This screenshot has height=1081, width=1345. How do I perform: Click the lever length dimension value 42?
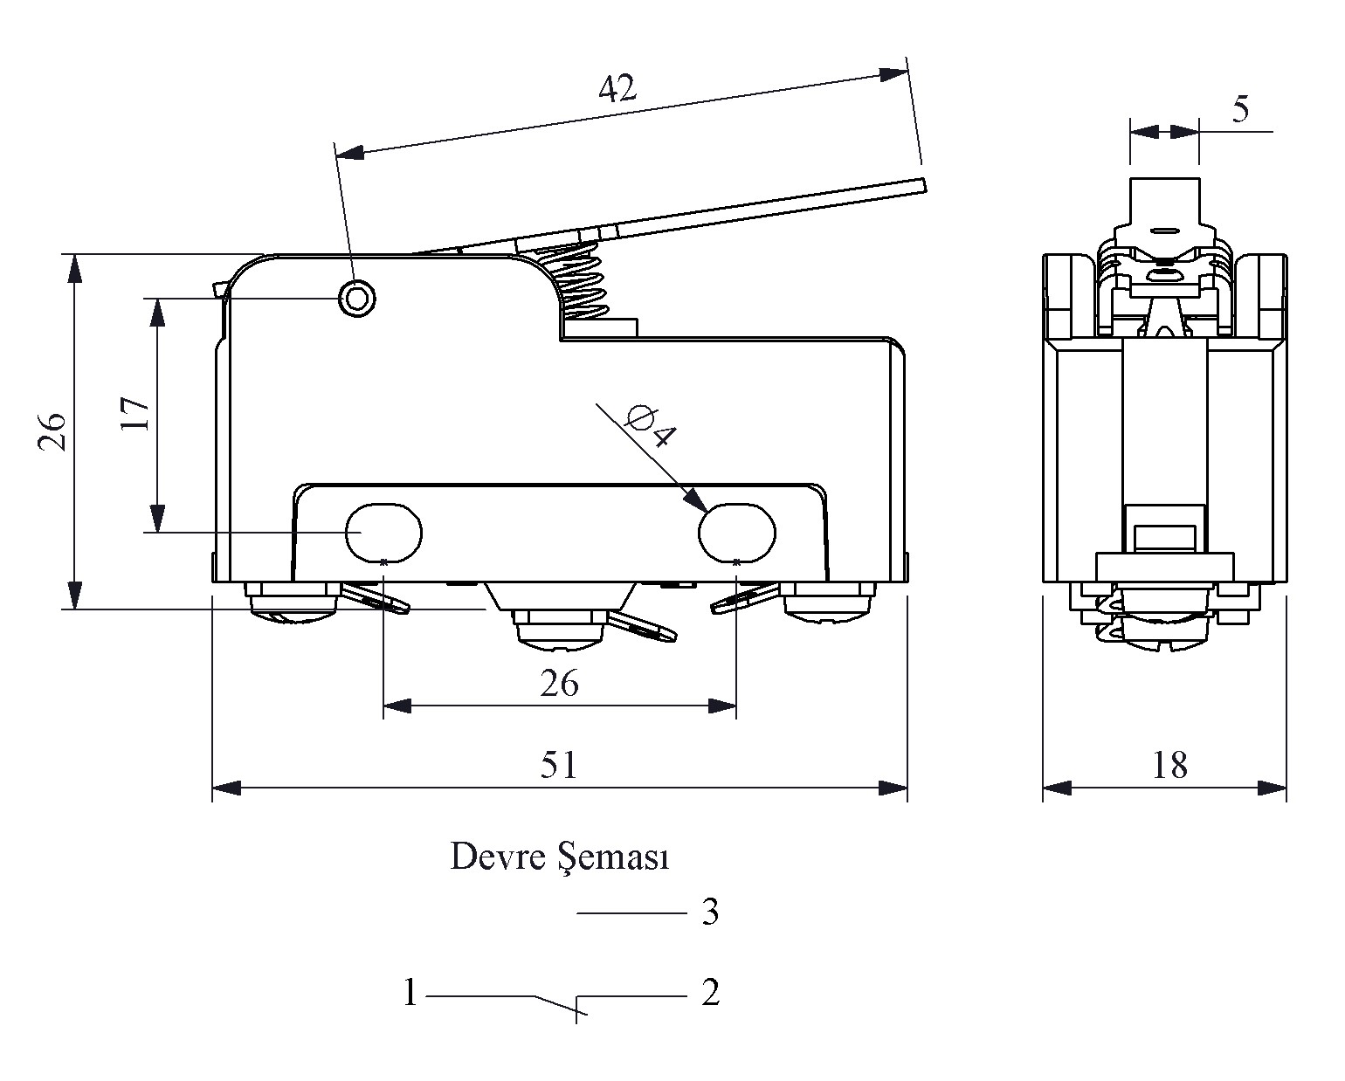pyautogui.click(x=617, y=88)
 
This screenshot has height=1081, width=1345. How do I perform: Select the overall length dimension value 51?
pyautogui.click(x=559, y=765)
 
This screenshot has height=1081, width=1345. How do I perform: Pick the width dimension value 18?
pyautogui.click(x=1169, y=765)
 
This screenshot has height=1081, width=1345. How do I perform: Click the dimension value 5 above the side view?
pyautogui.click(x=1240, y=110)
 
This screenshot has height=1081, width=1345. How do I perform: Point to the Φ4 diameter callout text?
pyautogui.click(x=651, y=425)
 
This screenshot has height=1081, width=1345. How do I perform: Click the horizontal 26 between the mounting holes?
pyautogui.click(x=559, y=683)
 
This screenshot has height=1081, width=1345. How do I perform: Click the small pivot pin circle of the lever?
pyautogui.click(x=356, y=299)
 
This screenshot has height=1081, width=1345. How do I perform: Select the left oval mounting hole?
pyautogui.click(x=384, y=532)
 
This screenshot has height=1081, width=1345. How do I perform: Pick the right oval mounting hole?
pyautogui.click(x=737, y=532)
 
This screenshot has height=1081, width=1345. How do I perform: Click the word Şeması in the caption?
pyautogui.click(x=613, y=858)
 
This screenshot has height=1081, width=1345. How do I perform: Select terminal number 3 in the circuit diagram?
pyautogui.click(x=710, y=913)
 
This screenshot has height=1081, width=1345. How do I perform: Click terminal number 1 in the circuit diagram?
pyautogui.click(x=410, y=993)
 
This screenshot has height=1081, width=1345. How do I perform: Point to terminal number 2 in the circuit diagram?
pyautogui.click(x=710, y=993)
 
